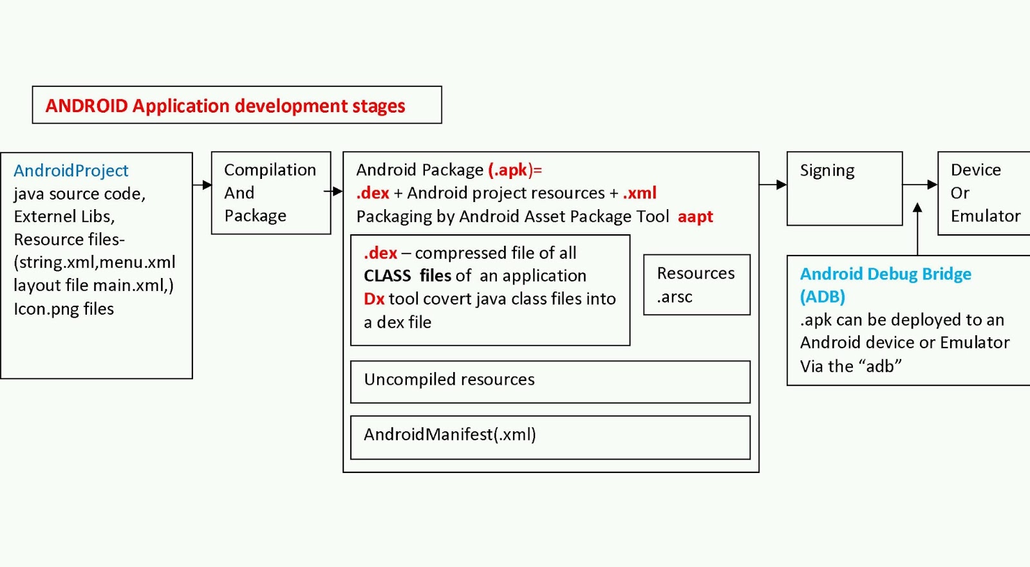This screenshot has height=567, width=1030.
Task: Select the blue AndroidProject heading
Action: (71, 171)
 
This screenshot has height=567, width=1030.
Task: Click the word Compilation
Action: (270, 170)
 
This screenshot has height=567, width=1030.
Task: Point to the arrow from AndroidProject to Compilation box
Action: (202, 185)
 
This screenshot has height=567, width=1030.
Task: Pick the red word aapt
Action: (695, 217)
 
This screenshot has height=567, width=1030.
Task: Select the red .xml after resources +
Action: (639, 193)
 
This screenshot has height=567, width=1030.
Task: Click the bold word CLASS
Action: (387, 276)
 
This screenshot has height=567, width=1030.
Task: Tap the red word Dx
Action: (374, 299)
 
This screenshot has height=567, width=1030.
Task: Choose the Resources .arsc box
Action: (697, 284)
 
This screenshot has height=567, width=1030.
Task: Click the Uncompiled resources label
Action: (449, 380)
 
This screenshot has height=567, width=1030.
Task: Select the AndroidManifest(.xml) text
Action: (449, 435)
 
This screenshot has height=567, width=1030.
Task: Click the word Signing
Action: (827, 171)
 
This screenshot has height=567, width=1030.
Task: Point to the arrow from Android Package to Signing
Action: (772, 185)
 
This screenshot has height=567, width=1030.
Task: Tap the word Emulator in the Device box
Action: (986, 216)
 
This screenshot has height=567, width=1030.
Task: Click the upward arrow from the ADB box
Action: (917, 228)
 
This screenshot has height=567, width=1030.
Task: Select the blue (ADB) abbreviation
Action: (823, 297)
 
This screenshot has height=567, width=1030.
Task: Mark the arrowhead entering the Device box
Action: (932, 185)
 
